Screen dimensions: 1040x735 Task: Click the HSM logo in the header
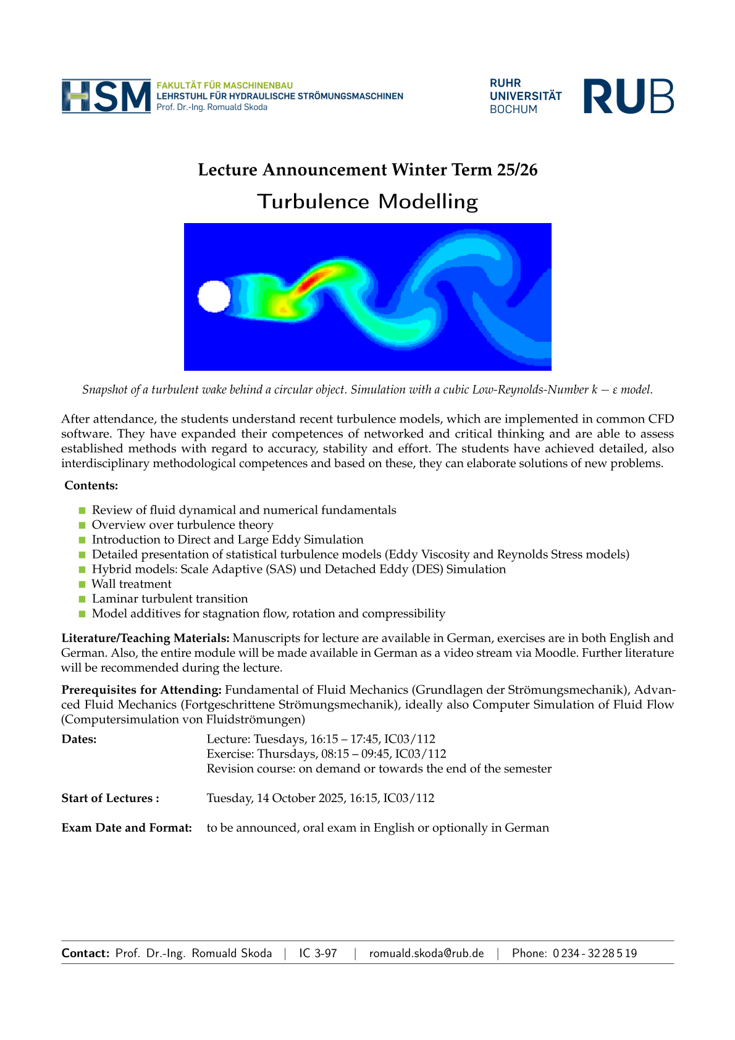[106, 96]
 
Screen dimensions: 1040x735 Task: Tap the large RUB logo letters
[628, 96]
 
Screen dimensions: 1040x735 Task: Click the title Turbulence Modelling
[367, 201]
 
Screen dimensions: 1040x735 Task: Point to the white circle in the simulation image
[214, 296]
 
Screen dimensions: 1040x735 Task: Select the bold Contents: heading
[91, 486]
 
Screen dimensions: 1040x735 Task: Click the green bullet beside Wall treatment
[82, 584]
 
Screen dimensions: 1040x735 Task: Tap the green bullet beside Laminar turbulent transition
[82, 599]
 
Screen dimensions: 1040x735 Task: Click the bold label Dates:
[79, 739]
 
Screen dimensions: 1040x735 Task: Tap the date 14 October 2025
[300, 798]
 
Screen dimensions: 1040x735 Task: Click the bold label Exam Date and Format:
[127, 828]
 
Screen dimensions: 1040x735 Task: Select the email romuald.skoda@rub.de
[426, 953]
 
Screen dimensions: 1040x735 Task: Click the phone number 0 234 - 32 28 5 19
[595, 953]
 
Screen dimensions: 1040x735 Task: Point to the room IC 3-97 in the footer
[318, 953]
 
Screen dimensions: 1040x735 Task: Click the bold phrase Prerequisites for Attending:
[141, 690]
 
